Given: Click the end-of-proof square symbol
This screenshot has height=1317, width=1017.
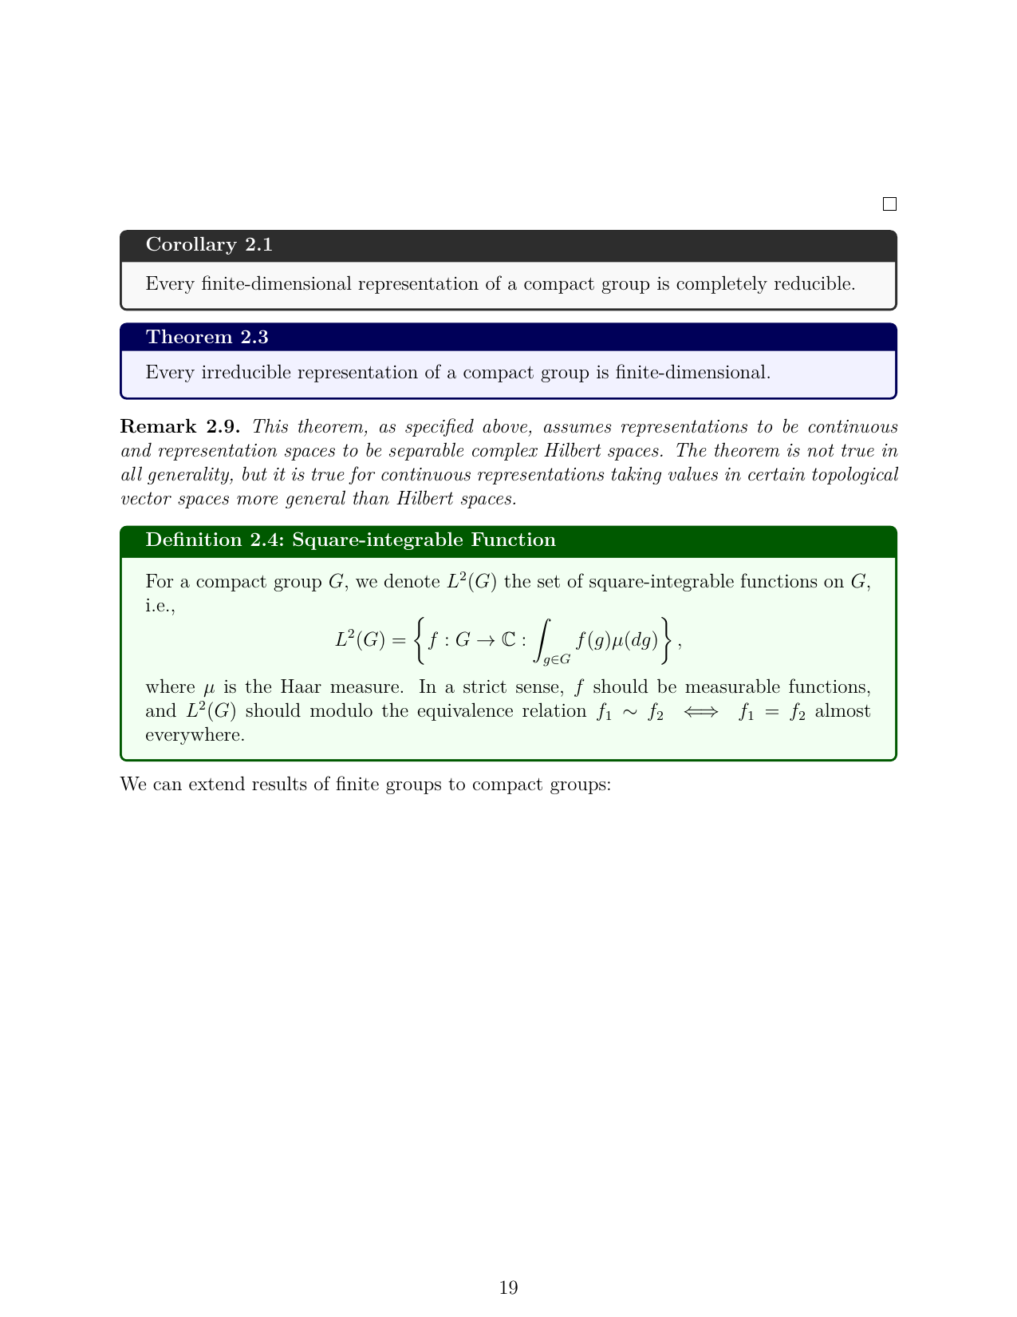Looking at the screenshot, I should click(889, 204).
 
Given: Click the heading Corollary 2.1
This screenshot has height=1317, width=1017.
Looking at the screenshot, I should click(209, 245).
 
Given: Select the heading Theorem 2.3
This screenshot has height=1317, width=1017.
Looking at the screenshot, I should click(207, 337).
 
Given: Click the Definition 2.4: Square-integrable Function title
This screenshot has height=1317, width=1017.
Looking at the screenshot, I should click(350, 540).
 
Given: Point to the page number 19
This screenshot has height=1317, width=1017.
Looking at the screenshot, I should click(508, 1287).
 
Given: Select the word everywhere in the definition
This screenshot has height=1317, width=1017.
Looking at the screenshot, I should click(195, 734).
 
